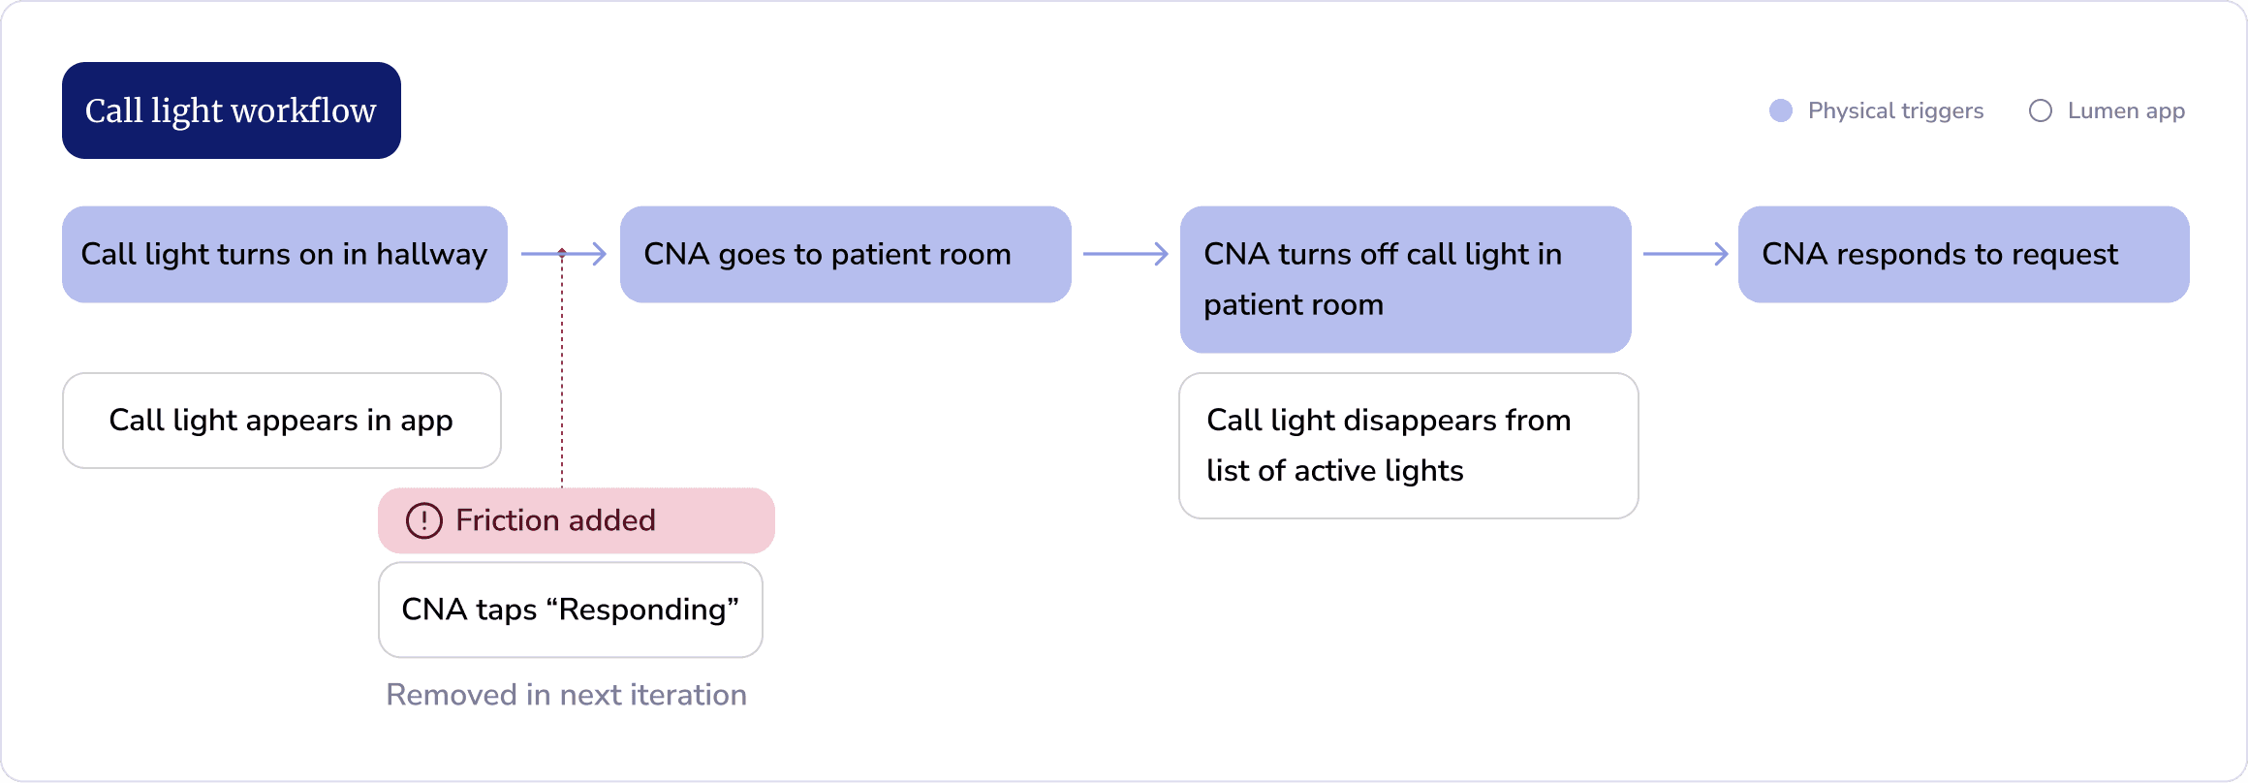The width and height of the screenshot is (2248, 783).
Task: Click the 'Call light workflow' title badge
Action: click(x=232, y=110)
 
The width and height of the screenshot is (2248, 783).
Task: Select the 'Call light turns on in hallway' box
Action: click(x=285, y=254)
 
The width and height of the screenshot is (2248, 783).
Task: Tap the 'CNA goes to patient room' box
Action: click(x=846, y=254)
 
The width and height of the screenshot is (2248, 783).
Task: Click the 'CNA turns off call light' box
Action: click(x=1406, y=279)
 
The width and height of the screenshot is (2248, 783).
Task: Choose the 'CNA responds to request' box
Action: click(x=1964, y=254)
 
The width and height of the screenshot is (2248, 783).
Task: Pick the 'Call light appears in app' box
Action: click(x=282, y=421)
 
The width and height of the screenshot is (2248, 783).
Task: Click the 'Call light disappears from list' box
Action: click(x=1409, y=446)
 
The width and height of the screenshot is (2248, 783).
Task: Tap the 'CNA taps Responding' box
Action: click(x=571, y=610)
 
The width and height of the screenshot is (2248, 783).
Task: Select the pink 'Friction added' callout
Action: click(x=577, y=520)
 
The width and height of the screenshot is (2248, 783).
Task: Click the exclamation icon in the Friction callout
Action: click(x=424, y=520)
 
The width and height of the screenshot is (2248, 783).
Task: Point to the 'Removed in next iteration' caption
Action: click(x=567, y=695)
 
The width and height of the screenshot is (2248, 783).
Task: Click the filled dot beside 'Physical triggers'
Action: click(x=1781, y=110)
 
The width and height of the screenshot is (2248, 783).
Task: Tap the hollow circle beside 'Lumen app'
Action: click(x=2041, y=110)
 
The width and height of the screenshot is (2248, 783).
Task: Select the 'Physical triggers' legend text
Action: click(x=1896, y=110)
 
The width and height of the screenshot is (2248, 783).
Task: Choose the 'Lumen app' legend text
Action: click(x=2127, y=110)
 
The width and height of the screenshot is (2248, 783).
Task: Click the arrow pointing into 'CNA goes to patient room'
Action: click(x=564, y=254)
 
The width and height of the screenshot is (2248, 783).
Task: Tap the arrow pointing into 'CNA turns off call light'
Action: click(x=1126, y=254)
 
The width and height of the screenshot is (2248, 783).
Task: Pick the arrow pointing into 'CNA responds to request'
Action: click(x=1686, y=254)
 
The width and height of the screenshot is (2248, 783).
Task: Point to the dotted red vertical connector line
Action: click(x=562, y=368)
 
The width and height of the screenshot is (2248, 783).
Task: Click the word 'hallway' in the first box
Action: click(x=432, y=254)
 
